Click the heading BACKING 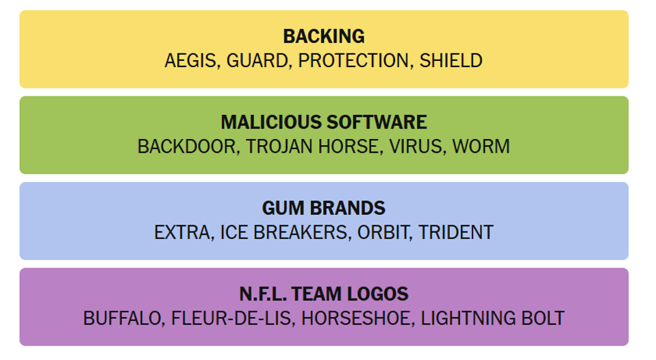(x=324, y=36)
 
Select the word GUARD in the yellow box (x=257, y=61)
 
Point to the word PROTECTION (x=353, y=61)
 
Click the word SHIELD (x=451, y=61)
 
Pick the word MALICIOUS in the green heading (x=271, y=123)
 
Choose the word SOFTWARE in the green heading (x=377, y=123)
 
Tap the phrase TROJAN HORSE (x=312, y=147)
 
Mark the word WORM (x=481, y=146)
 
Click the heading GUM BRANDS (x=324, y=208)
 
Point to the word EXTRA (x=183, y=233)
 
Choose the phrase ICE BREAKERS (x=284, y=233)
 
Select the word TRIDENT (x=456, y=233)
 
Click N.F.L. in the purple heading (x=263, y=294)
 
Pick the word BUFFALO (x=122, y=319)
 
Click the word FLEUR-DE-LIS (x=231, y=319)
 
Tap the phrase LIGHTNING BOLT (x=492, y=318)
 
